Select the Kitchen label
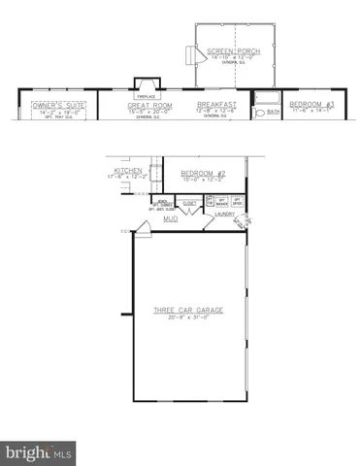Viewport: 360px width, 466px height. tap(129, 170)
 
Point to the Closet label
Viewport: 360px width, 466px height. tap(189, 204)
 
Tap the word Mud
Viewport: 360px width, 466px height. tap(170, 219)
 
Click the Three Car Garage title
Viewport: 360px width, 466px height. tap(188, 311)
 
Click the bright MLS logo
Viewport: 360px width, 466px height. tap(39, 452)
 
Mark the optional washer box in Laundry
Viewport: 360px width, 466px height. tap(222, 201)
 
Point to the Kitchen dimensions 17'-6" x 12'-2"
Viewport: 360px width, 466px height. tap(129, 177)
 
